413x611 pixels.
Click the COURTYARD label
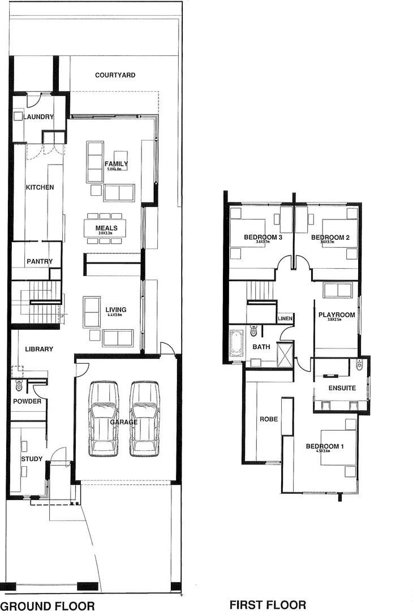tap(115, 75)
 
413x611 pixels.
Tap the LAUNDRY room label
tap(34, 117)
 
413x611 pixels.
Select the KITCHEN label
tap(40, 187)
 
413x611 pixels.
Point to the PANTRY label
tap(40, 261)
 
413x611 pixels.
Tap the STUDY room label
tap(32, 459)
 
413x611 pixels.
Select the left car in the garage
tap(104, 418)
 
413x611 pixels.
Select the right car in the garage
tap(144, 418)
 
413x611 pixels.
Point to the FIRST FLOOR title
tap(268, 604)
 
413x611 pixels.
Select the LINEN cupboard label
tap(285, 319)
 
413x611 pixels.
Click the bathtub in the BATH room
tap(235, 345)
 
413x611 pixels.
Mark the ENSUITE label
tap(342, 388)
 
